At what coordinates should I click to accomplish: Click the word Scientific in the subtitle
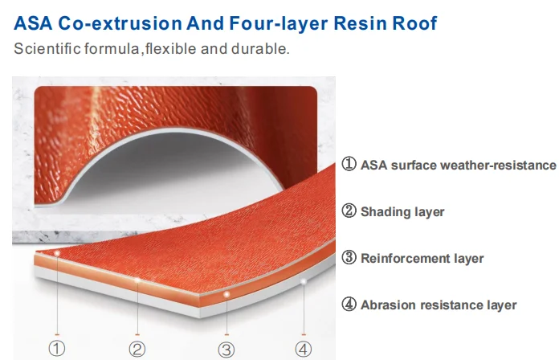point(46,49)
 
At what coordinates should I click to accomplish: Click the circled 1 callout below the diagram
point(56,349)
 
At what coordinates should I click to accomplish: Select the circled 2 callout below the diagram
point(137,349)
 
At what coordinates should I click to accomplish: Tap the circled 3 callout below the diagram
point(226,349)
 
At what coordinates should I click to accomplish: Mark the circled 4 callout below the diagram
point(303,349)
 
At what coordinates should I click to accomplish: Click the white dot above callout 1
point(57,253)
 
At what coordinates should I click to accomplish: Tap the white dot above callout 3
point(227,295)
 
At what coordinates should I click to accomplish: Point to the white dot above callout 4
point(303,281)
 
